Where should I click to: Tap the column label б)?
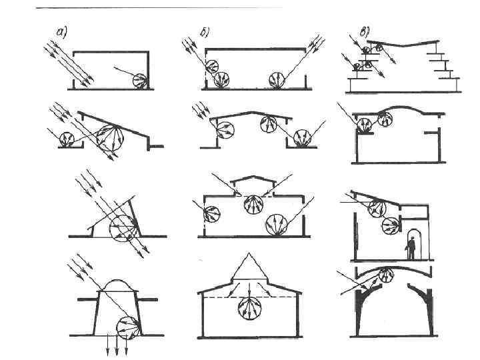[203, 34]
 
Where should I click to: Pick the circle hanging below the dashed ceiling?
[249, 310]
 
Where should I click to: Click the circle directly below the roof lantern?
[253, 204]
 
